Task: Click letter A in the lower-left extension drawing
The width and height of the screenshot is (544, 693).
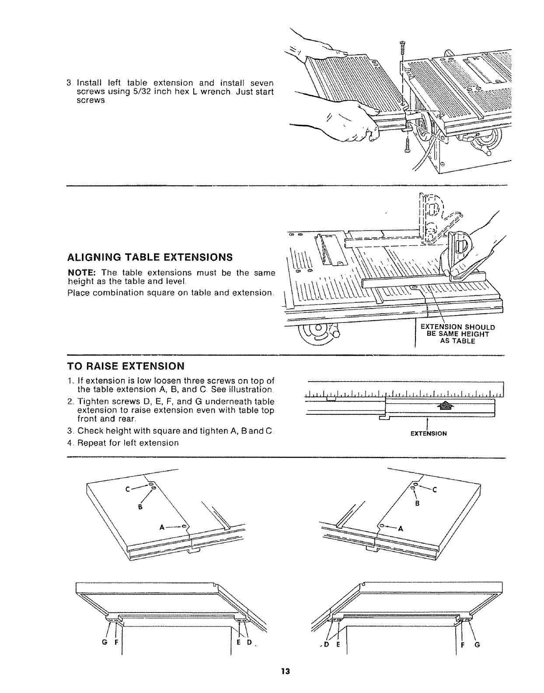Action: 161,527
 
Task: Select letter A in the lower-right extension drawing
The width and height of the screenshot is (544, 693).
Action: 400,528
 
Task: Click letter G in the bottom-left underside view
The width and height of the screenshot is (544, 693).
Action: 104,644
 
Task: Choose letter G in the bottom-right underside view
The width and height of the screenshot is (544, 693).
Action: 477,644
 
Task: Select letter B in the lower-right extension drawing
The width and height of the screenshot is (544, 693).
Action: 417,503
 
